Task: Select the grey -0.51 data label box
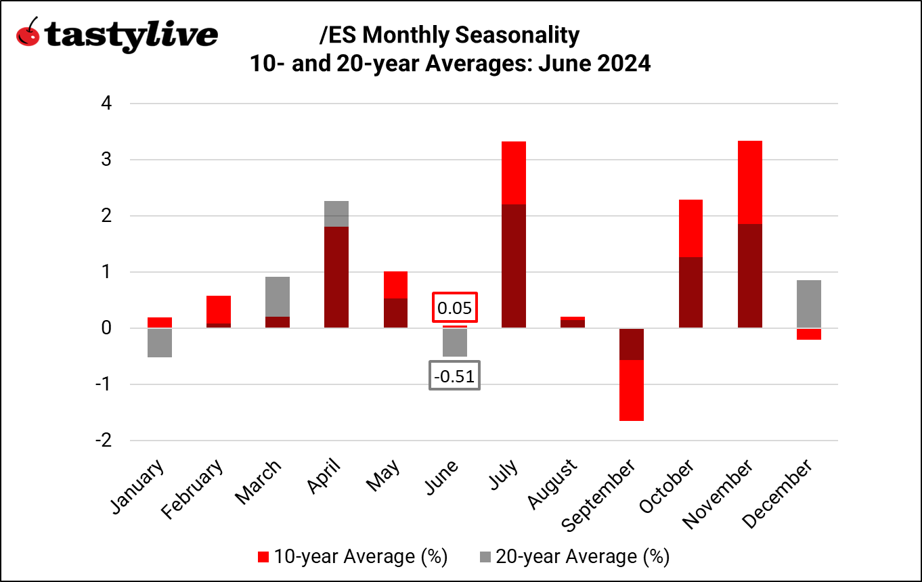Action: click(454, 376)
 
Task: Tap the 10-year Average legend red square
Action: click(264, 557)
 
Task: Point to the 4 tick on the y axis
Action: click(106, 104)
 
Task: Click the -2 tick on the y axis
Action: click(103, 441)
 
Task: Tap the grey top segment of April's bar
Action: click(336, 213)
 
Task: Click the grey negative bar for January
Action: click(159, 343)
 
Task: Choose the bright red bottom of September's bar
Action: click(632, 390)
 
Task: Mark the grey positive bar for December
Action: click(809, 304)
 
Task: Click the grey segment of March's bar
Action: click(277, 296)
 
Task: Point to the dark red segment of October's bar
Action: click(690, 292)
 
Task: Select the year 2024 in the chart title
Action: click(621, 64)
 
